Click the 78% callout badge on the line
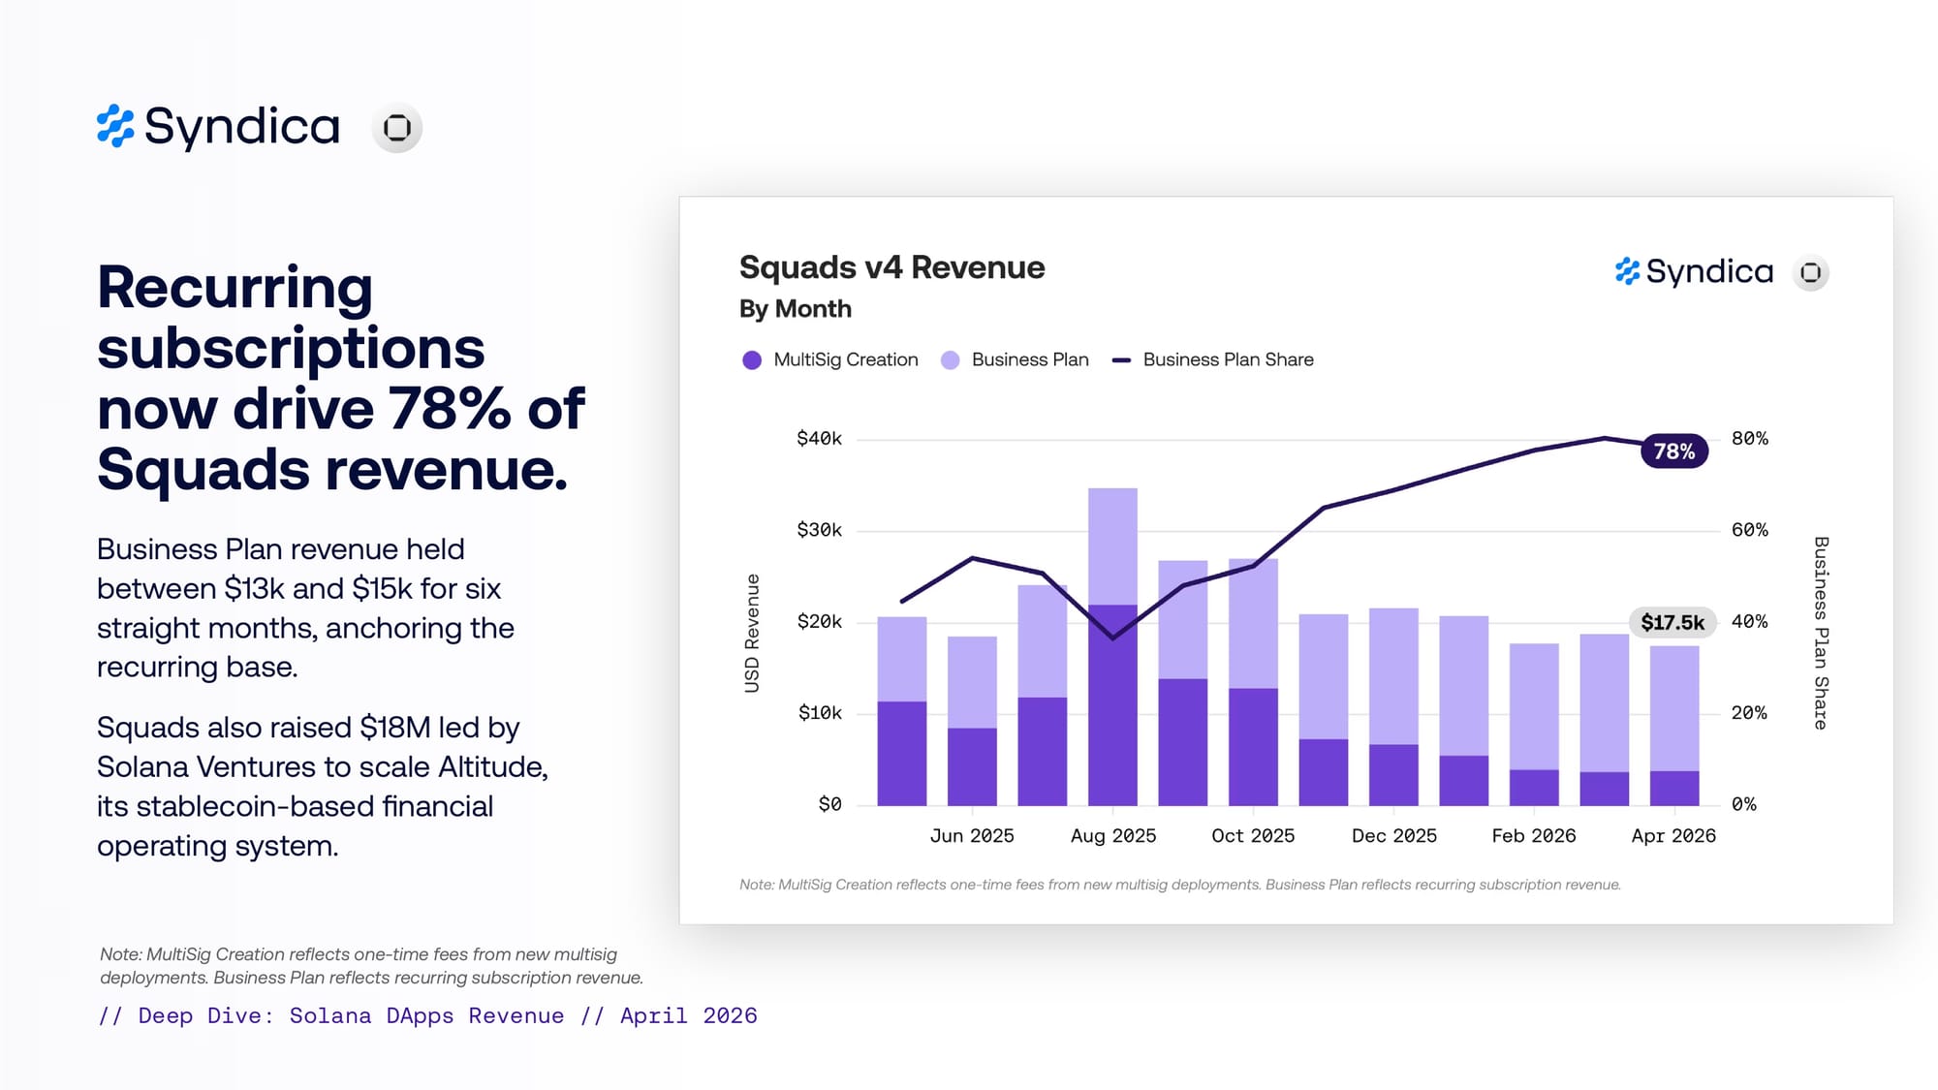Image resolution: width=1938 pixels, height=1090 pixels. click(1673, 452)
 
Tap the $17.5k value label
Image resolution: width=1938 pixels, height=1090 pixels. click(1672, 622)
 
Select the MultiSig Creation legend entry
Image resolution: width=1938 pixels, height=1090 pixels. click(830, 359)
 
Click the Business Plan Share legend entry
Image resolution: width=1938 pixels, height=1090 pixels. click(1213, 359)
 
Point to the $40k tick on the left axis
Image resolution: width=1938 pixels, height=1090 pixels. click(819, 439)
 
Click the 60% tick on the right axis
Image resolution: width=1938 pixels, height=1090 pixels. click(1750, 530)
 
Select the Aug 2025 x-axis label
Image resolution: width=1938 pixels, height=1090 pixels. click(1113, 836)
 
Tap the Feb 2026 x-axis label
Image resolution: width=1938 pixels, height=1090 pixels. click(1534, 836)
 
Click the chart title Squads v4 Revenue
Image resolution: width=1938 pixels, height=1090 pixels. click(891, 267)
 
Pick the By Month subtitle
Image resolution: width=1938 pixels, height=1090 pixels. click(796, 309)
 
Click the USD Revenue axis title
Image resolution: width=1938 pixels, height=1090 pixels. click(752, 634)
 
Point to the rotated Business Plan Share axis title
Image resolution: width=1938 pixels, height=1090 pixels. click(1821, 633)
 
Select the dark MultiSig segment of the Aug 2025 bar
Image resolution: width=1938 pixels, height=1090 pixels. click(1112, 705)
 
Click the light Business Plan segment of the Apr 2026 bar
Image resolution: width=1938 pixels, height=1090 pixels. click(1674, 708)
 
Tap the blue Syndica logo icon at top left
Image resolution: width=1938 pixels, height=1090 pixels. click(115, 126)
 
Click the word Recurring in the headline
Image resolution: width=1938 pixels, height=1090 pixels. click(234, 288)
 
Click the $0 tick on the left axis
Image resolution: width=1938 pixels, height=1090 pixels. click(829, 804)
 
